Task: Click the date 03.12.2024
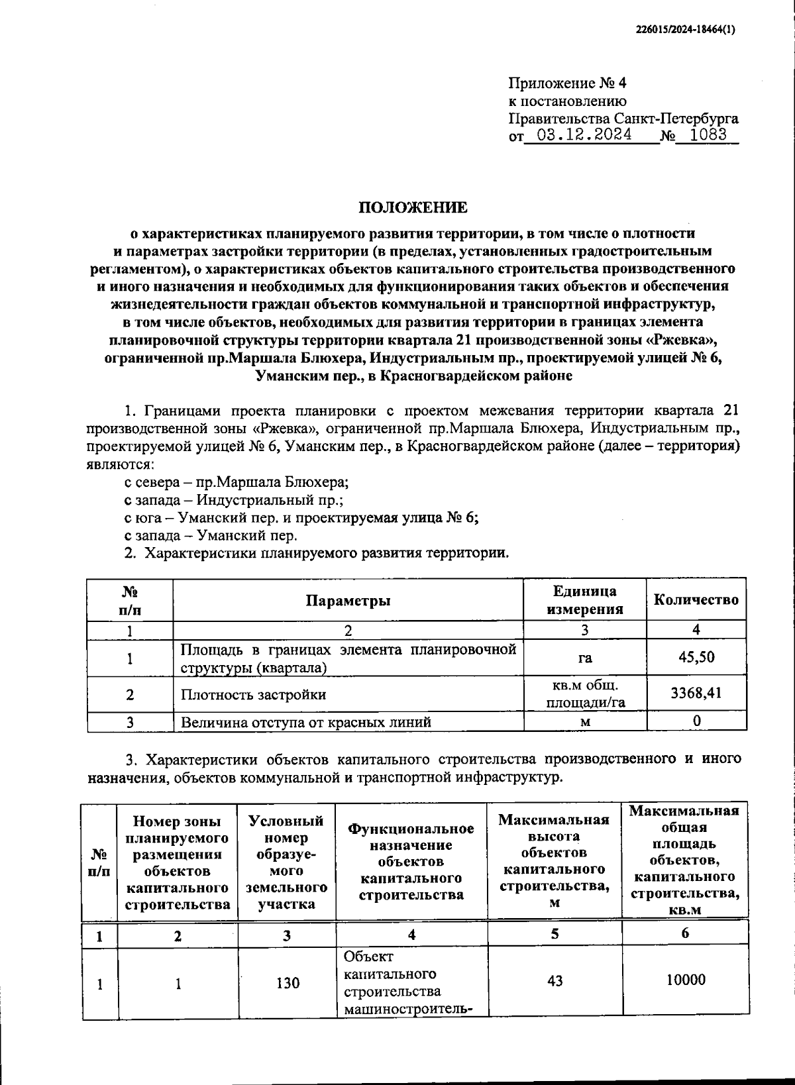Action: coord(584,136)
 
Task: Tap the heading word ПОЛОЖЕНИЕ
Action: coord(413,207)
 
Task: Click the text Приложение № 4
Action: coord(566,83)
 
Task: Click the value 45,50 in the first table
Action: coord(696,658)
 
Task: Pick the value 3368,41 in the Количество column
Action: coord(696,694)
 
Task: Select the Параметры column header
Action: coord(348,600)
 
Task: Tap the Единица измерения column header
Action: coord(585,600)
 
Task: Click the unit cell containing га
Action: coord(585,658)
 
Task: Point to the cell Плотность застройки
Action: coord(254,694)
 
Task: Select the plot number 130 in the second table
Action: coord(288,983)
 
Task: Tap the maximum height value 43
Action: coord(555,980)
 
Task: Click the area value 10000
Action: coord(685,980)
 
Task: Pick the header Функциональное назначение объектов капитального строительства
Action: coord(411,861)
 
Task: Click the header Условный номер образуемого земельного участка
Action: coord(286,861)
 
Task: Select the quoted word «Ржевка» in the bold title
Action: coord(682,340)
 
